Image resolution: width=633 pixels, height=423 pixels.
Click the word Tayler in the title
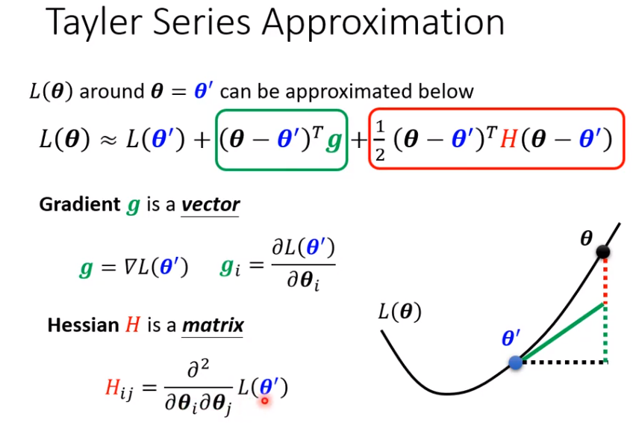coord(95,22)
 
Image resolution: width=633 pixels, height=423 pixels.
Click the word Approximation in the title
coord(383,23)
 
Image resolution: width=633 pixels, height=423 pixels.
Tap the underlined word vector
coord(211,205)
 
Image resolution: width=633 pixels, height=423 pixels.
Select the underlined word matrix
coord(213,325)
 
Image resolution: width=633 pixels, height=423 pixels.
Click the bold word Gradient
coord(80,205)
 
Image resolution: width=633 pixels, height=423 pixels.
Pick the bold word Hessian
coord(83,325)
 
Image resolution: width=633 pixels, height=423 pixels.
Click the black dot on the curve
coord(603,252)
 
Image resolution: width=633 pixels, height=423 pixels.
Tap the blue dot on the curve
coord(516,362)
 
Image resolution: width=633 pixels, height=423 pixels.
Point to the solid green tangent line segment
coord(562,332)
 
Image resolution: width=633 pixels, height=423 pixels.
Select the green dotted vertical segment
coord(605,333)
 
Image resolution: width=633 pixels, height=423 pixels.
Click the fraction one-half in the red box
coord(379,141)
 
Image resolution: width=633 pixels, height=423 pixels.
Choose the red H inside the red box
coord(508,140)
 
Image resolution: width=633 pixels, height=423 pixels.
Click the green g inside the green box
coord(334,141)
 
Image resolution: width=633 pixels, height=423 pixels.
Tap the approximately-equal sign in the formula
coord(107,141)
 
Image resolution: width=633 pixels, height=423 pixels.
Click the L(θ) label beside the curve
coord(399,312)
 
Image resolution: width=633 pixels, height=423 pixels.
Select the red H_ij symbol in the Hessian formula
coord(119,389)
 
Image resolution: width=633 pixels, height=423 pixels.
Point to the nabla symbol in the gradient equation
coord(131,267)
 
